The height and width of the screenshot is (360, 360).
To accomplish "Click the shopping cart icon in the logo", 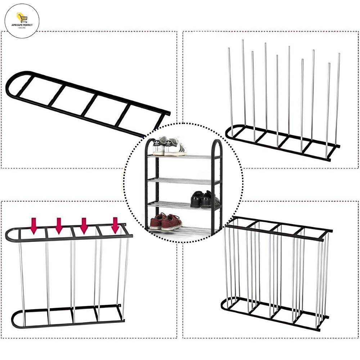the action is [22, 18].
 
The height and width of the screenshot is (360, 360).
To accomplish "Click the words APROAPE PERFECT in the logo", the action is [22, 25].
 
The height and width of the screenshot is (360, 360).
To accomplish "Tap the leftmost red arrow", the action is [34, 226].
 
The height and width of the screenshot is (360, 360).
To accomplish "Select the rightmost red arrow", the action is [115, 225].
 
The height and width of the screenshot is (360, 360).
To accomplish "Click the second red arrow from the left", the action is [59, 226].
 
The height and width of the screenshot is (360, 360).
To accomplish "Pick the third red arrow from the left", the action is [84, 226].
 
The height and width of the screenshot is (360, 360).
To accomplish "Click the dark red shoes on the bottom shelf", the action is [166, 222].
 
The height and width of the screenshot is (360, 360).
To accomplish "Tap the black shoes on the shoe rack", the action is [205, 199].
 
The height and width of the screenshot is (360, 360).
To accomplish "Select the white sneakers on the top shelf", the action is [170, 146].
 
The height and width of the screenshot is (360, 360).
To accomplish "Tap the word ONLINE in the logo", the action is [22, 28].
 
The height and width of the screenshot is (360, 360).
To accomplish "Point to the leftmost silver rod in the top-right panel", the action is [230, 92].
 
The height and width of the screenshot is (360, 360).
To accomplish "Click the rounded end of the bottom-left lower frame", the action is [15, 319].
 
